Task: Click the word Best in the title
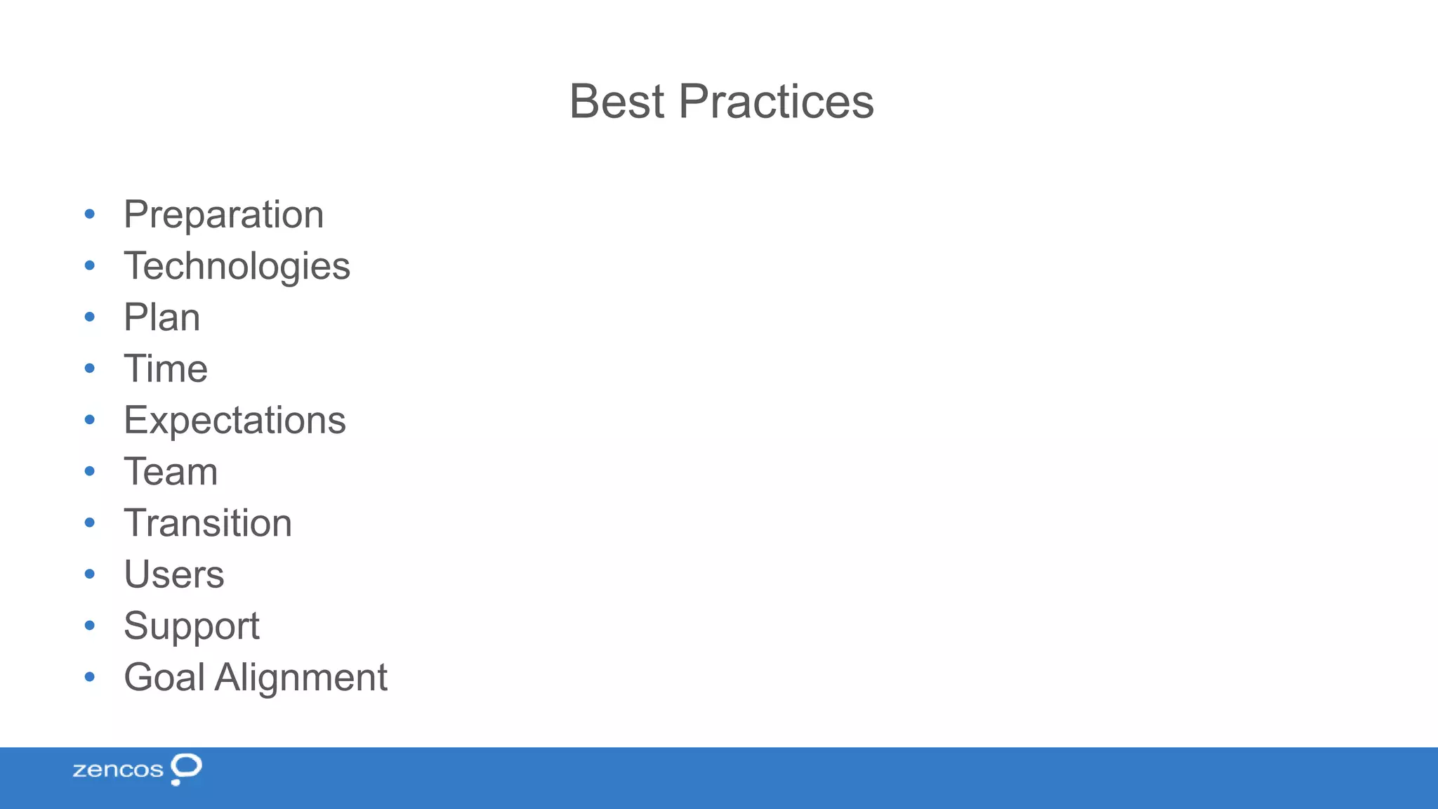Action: pyautogui.click(x=616, y=102)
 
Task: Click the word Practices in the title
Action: pyautogui.click(x=776, y=102)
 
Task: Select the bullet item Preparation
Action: pyautogui.click(x=223, y=214)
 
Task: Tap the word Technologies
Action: pyautogui.click(x=237, y=266)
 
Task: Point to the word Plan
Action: pyautogui.click(x=161, y=317)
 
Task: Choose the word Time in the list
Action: pyautogui.click(x=166, y=369)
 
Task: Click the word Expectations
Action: pyautogui.click(x=235, y=421)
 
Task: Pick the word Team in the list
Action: pyautogui.click(x=171, y=472)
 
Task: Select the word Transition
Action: pyautogui.click(x=208, y=523)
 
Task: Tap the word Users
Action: pyautogui.click(x=174, y=574)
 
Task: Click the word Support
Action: pyautogui.click(x=192, y=626)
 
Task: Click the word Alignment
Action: pyautogui.click(x=301, y=678)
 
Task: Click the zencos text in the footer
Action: pyautogui.click(x=118, y=770)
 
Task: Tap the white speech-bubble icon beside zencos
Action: pyautogui.click(x=186, y=768)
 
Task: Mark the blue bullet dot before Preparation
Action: pyautogui.click(x=89, y=213)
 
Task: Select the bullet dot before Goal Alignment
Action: pyautogui.click(x=89, y=677)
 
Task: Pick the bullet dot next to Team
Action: pyautogui.click(x=89, y=471)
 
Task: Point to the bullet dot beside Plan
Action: pyautogui.click(x=89, y=317)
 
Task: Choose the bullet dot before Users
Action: pyautogui.click(x=89, y=574)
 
